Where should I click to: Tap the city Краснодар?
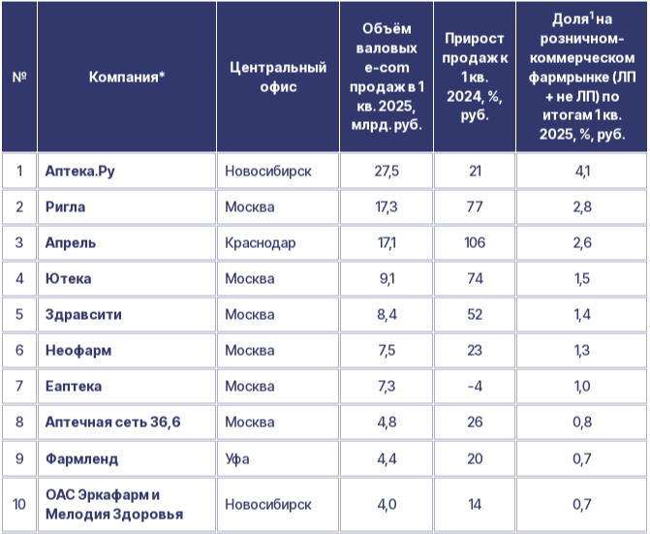[261, 242]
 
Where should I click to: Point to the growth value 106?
[475, 242]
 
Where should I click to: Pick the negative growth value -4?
[475, 386]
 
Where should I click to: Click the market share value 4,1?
[583, 172]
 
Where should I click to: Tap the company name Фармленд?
[83, 457]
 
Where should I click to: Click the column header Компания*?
[127, 77]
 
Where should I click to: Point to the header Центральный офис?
[278, 77]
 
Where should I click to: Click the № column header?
[19, 77]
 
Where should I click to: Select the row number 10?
[19, 505]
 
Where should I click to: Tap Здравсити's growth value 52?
[475, 314]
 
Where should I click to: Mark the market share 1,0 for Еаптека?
[583, 386]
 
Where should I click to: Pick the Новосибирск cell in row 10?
[268, 505]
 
